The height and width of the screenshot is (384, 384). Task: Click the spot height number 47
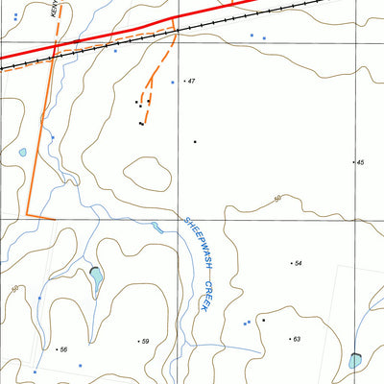pos(192,82)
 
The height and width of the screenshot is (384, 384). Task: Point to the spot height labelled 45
pos(360,163)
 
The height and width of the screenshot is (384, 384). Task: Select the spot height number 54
pos(298,263)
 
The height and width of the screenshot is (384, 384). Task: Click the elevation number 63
pos(297,339)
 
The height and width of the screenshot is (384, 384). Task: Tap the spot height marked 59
pos(145,342)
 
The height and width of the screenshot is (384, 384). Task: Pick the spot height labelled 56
pos(63,349)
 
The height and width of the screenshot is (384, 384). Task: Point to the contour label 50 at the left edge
pos(13,288)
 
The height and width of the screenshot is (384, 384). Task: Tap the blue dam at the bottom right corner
pos(356,360)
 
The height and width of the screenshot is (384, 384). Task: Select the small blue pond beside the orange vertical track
pos(22,152)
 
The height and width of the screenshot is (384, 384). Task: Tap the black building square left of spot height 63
pos(262,321)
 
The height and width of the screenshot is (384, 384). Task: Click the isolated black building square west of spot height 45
pos(195,142)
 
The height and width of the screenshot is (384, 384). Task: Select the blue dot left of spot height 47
pos(172,83)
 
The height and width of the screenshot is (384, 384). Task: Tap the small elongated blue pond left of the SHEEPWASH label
pos(156,228)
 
